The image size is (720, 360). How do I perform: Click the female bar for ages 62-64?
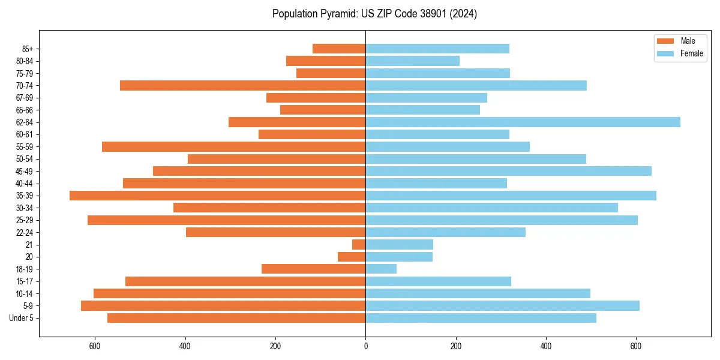[523, 122]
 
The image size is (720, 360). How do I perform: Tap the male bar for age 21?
[359, 245]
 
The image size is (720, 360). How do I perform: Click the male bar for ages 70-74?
[242, 86]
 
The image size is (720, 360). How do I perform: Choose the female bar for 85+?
[437, 49]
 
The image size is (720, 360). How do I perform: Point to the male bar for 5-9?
[223, 306]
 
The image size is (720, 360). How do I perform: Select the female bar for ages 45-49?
[508, 171]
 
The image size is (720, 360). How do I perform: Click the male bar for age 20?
[352, 257]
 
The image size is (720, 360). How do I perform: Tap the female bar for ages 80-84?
[412, 61]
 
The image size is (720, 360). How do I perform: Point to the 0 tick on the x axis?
[365, 346]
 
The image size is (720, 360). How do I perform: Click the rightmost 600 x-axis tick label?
[636, 346]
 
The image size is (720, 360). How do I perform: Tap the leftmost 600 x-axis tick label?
[95, 346]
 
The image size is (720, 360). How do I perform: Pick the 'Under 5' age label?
[22, 318]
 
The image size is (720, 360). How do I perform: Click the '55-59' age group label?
[25, 147]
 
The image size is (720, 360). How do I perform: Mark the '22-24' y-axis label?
[25, 233]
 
